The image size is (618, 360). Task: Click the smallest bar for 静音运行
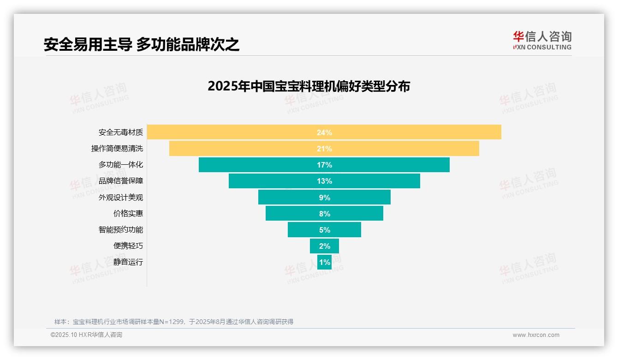(324, 262)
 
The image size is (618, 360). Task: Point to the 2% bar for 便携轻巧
(324, 246)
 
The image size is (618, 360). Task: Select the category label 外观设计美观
(120, 198)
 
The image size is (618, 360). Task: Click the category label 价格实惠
(128, 214)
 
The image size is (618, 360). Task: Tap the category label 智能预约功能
(120, 230)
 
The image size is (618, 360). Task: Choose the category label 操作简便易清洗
(117, 149)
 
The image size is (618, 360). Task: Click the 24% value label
(324, 132)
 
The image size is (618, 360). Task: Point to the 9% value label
(324, 198)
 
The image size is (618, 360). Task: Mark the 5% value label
(324, 230)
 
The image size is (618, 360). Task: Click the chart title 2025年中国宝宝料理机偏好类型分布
(309, 86)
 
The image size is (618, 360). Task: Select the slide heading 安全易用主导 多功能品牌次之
(142, 44)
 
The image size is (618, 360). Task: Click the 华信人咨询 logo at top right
(542, 40)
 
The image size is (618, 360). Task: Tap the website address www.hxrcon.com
(535, 335)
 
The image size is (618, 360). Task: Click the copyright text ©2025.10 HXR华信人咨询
(86, 335)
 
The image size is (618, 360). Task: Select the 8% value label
(324, 214)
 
